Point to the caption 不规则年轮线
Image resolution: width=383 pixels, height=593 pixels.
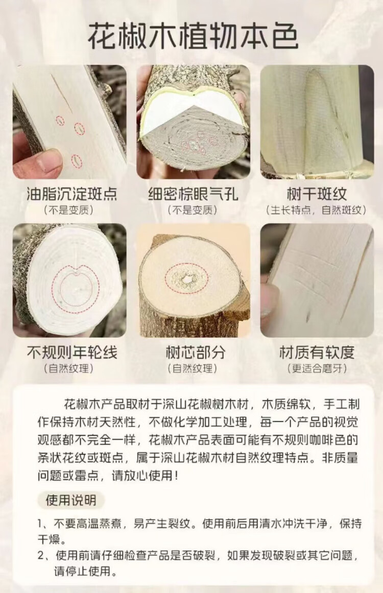[x=72, y=352]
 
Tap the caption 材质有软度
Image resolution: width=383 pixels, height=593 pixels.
[x=317, y=352]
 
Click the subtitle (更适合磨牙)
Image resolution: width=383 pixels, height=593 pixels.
[x=317, y=368]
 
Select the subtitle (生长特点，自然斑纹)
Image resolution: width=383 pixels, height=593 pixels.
[x=317, y=210]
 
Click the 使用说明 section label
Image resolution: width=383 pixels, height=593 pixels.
[x=70, y=500]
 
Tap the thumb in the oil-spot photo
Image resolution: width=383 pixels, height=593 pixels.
[x=37, y=162]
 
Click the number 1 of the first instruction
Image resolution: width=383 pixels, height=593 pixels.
[x=40, y=524]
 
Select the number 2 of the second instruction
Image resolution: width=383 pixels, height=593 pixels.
[x=41, y=556]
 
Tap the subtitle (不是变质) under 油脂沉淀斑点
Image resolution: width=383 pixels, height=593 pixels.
[x=68, y=210]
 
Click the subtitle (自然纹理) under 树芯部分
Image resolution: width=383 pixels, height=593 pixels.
[x=193, y=368]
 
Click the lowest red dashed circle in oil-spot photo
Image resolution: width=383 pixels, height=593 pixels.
[x=77, y=161]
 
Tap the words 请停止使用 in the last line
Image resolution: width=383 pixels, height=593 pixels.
[x=84, y=571]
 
